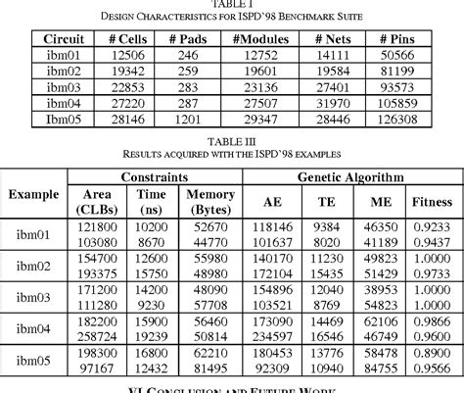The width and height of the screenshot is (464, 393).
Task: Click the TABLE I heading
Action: pyautogui.click(x=233, y=5)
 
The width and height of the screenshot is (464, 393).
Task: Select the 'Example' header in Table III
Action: pyautogui.click(x=33, y=194)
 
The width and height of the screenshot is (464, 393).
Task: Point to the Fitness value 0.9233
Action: pyautogui.click(x=431, y=226)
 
